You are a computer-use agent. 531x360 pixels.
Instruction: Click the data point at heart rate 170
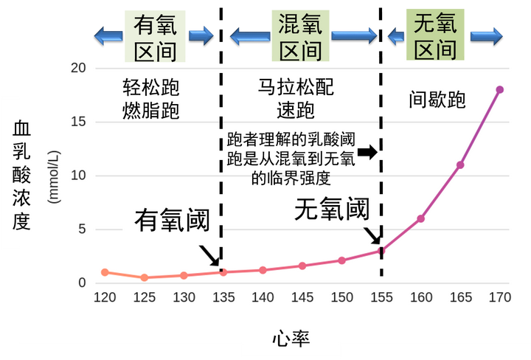[499, 90]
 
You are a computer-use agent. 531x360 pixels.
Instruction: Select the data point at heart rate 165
[460, 165]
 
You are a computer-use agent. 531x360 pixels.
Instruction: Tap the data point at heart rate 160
[420, 219]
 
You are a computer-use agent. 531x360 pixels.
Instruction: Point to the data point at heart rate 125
[145, 277]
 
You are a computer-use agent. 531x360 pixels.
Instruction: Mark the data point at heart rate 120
[105, 272]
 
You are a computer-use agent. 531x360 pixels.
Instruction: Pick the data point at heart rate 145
[302, 266]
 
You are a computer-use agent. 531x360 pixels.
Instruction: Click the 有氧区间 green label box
[155, 36]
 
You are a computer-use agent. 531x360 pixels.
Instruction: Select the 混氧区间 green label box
[300, 35]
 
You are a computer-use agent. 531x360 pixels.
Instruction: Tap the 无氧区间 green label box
[435, 35]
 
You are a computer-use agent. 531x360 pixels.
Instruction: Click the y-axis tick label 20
[78, 68]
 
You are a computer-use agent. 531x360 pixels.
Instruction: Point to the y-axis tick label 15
[78, 122]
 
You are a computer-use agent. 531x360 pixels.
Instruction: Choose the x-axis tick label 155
[381, 297]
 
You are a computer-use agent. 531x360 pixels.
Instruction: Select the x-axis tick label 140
[263, 297]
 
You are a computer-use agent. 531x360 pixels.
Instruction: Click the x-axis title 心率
[291, 339]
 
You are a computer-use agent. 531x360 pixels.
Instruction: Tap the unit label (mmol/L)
[54, 177]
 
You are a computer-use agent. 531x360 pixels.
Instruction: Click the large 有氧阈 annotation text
[173, 220]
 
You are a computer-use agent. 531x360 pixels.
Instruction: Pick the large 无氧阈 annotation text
[332, 209]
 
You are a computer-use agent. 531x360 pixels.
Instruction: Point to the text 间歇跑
[437, 100]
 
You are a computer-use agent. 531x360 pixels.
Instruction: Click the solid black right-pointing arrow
[367, 152]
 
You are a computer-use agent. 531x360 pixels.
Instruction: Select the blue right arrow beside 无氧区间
[486, 36]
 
